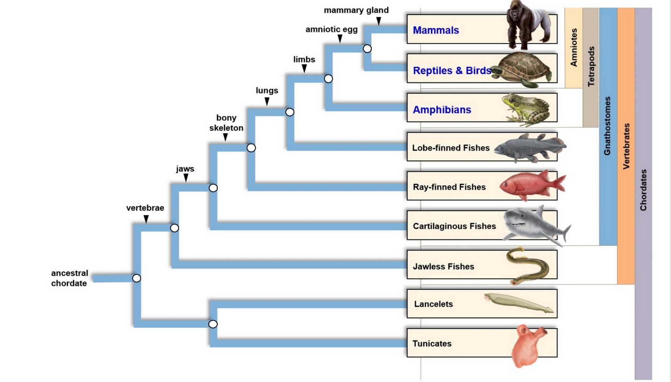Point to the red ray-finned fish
point(532,185)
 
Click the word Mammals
point(436,30)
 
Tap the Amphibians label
point(442,110)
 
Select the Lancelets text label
point(433,304)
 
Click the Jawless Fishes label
point(443,266)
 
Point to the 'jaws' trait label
point(185,169)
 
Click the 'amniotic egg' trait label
point(331,29)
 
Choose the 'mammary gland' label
point(356,10)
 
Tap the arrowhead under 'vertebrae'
point(146,220)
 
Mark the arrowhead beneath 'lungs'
point(267,102)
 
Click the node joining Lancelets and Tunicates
point(213,324)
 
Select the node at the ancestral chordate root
point(136,278)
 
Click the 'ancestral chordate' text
point(69,278)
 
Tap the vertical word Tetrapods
point(591,66)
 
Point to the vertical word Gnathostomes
point(607,126)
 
